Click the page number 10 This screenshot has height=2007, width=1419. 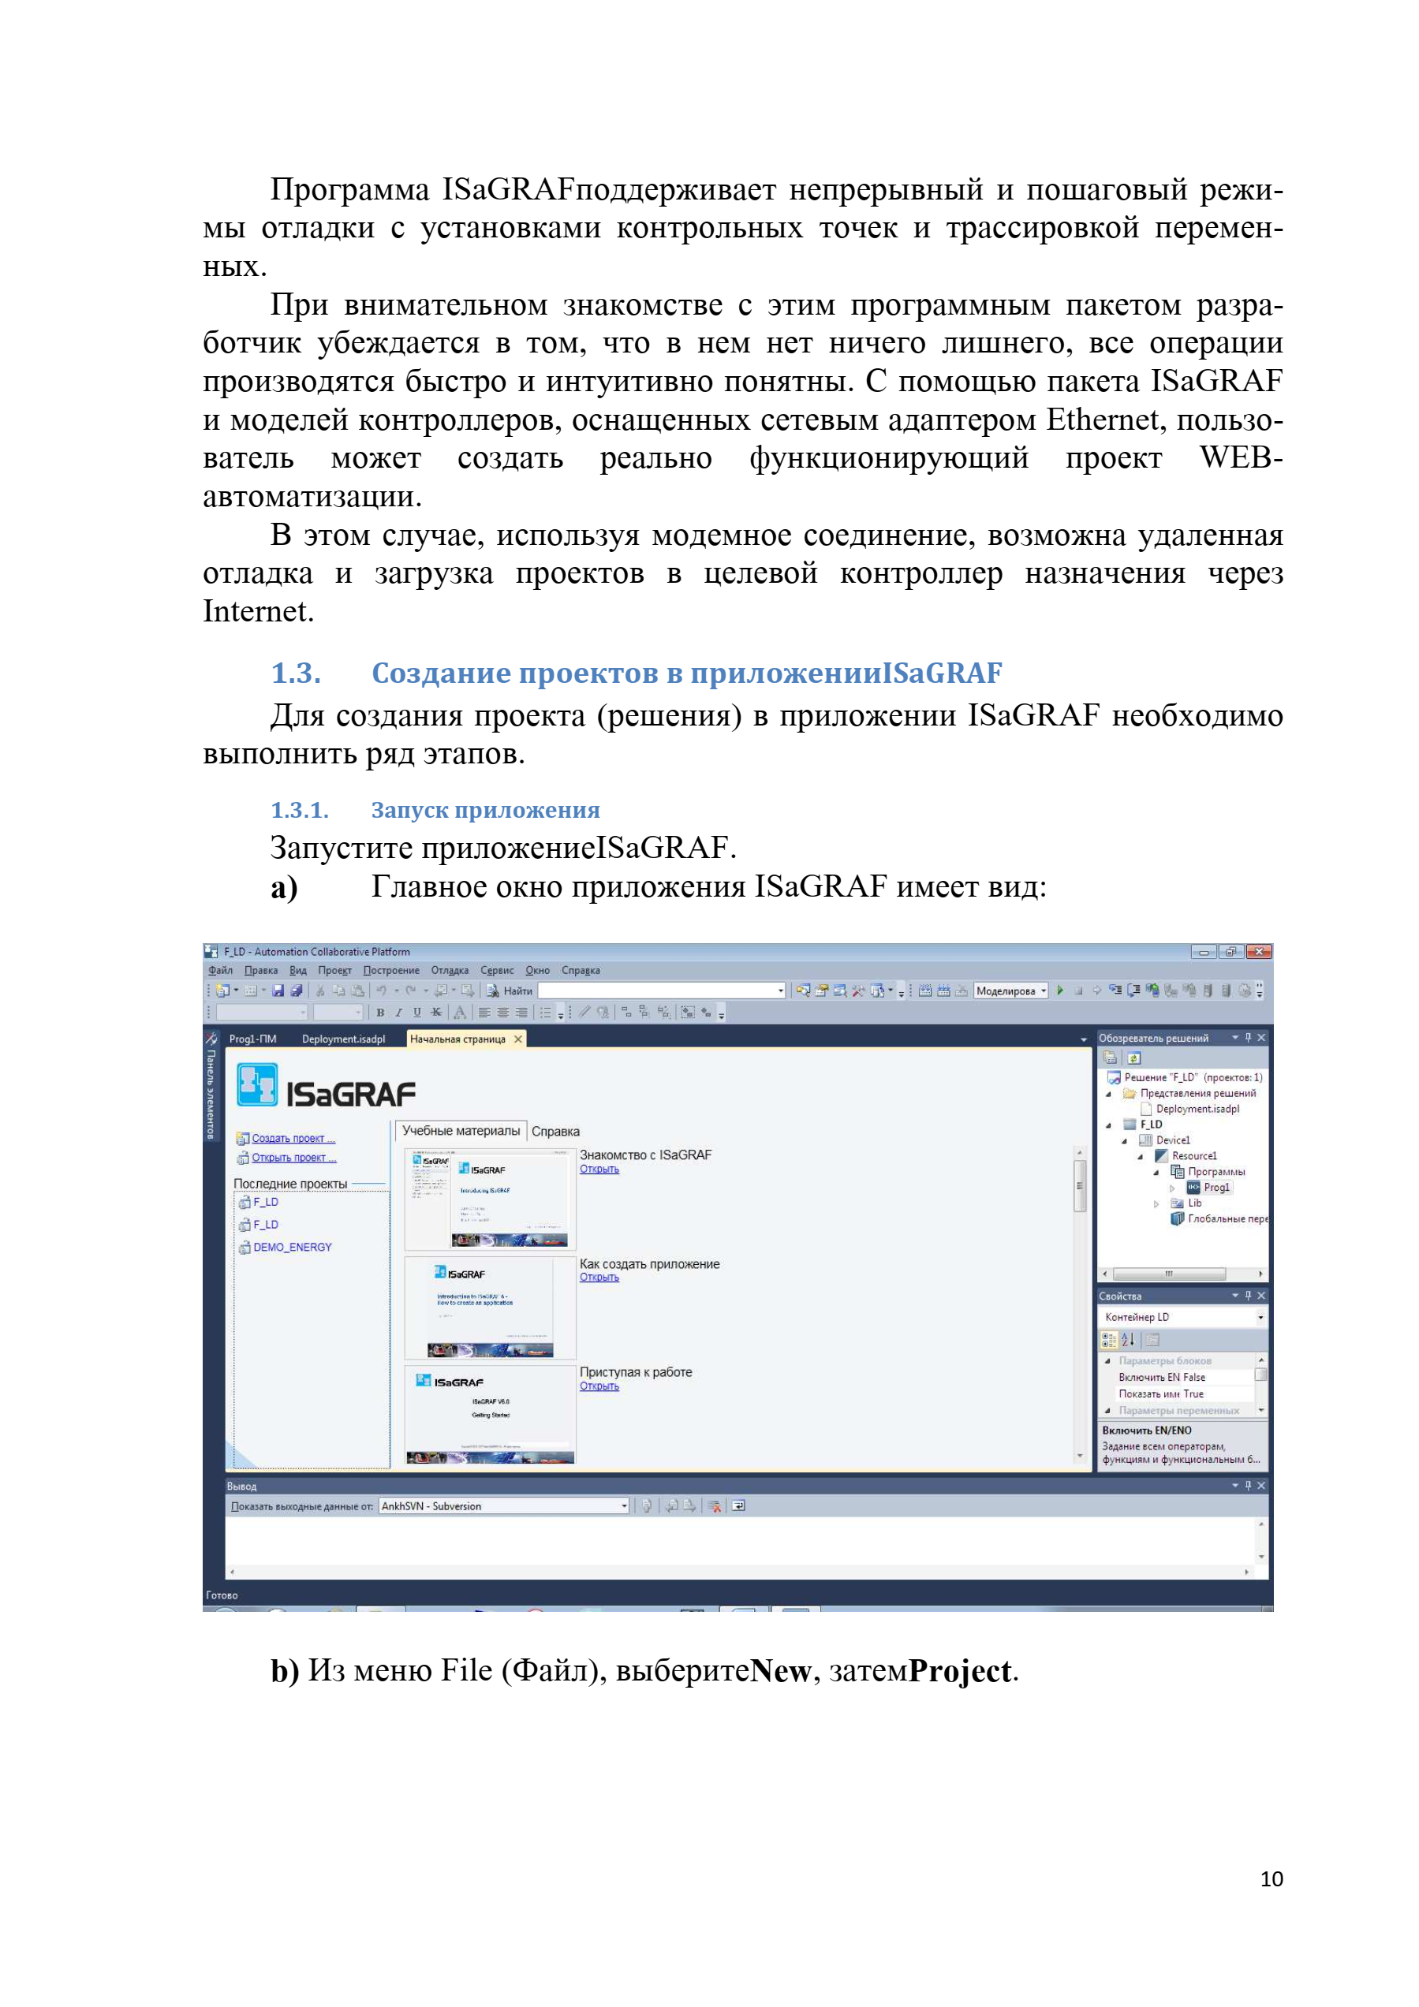coord(1271,1878)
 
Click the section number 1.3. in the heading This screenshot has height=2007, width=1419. coord(296,673)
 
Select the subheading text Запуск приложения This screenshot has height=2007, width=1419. coord(485,811)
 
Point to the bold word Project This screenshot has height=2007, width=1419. coord(960,1670)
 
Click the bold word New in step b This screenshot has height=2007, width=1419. coord(781,1670)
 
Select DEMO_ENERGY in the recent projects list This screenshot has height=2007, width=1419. coord(292,1248)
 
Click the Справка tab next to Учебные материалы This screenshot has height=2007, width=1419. coord(555,1131)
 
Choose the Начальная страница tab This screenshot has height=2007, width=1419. coord(457,1039)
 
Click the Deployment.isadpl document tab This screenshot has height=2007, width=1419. coord(343,1039)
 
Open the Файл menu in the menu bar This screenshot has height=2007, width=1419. coord(220,970)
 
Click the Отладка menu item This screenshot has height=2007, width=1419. coord(450,970)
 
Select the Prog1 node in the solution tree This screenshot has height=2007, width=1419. coord(1216,1187)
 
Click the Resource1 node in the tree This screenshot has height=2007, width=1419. coord(1193,1155)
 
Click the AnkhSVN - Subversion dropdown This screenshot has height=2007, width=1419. coord(503,1506)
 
